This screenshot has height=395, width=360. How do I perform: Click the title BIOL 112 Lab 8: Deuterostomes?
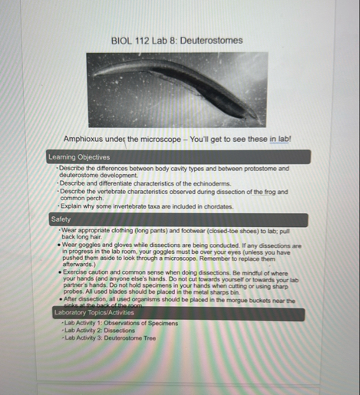click(x=177, y=40)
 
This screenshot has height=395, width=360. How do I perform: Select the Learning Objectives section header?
click(x=73, y=156)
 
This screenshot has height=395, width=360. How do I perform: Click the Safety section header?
click(x=61, y=219)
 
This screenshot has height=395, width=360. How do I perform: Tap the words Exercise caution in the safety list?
click(x=88, y=272)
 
